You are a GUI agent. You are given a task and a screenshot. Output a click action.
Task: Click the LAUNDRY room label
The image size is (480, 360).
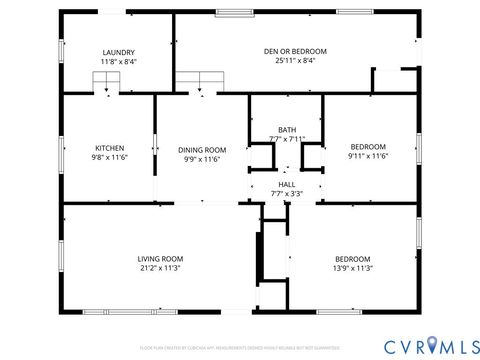click(118, 52)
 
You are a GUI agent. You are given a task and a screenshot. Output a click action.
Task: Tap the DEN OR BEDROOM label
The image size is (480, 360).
click(295, 51)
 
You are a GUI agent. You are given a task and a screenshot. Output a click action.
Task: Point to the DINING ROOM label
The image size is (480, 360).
click(201, 148)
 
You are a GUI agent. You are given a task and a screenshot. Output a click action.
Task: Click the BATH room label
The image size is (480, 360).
click(287, 130)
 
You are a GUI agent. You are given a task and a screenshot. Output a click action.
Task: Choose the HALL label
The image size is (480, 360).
click(287, 184)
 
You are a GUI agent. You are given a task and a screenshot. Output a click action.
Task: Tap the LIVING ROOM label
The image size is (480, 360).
click(160, 258)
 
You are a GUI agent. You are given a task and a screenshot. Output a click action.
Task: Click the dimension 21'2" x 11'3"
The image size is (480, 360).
click(160, 268)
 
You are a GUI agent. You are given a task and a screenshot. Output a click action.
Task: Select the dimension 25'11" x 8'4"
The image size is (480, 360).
click(295, 61)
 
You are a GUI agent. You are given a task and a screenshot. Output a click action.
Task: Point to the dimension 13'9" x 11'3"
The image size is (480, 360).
click(353, 268)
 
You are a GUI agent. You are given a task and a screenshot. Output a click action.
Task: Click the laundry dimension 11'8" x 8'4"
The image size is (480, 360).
click(118, 62)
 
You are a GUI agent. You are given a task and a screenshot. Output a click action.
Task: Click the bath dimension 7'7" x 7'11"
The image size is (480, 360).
click(287, 140)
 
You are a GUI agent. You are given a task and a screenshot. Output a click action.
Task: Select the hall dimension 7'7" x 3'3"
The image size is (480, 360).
click(287, 194)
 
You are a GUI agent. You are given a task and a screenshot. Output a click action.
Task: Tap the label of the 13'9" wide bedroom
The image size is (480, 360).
click(353, 258)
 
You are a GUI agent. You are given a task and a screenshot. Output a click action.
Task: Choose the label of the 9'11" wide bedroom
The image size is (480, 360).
click(367, 147)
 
